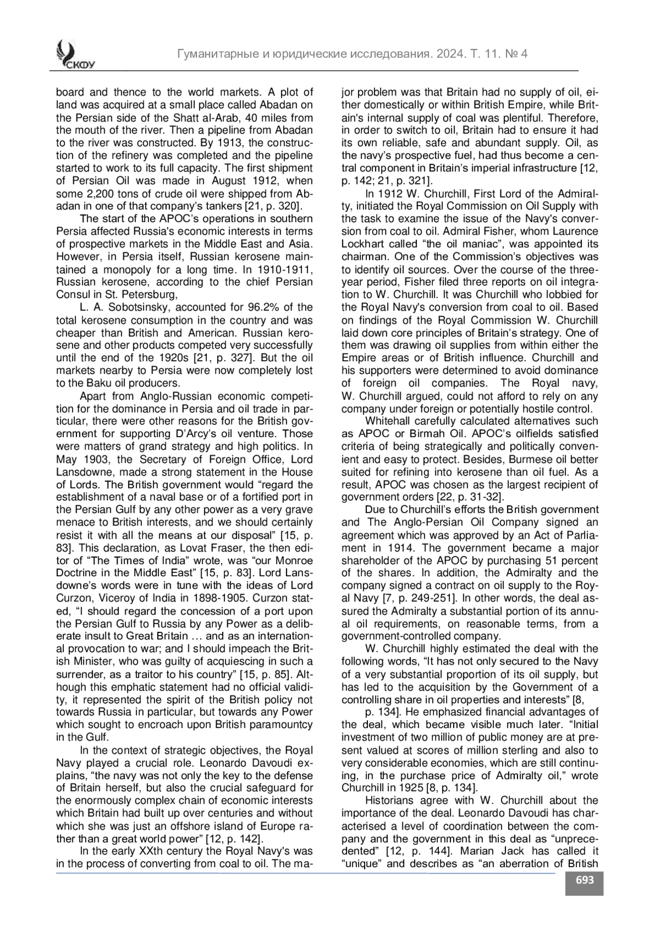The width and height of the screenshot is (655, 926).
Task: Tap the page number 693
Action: click(x=584, y=880)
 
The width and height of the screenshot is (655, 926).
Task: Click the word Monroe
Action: click(x=289, y=560)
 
